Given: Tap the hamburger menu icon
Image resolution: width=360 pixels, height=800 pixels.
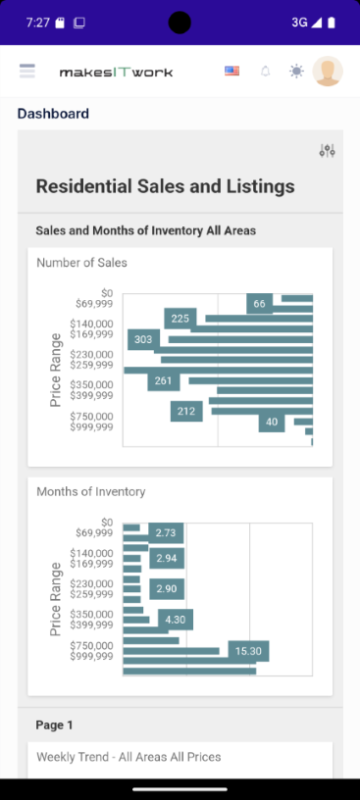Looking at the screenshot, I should pyautogui.click(x=27, y=71).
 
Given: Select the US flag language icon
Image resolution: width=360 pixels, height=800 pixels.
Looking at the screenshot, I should pyautogui.click(x=231, y=71).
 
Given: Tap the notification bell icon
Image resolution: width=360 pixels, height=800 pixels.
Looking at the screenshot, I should pyautogui.click(x=265, y=71).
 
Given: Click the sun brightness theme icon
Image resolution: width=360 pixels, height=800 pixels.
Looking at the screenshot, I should pyautogui.click(x=296, y=71).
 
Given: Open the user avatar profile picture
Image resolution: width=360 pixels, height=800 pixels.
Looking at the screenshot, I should pyautogui.click(x=328, y=71).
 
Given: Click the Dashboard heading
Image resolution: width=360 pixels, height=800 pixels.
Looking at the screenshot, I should pyautogui.click(x=53, y=114).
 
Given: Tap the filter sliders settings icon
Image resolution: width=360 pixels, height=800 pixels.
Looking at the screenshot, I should pyautogui.click(x=328, y=150).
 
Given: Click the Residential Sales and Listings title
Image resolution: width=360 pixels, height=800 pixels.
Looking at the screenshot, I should pyautogui.click(x=165, y=186).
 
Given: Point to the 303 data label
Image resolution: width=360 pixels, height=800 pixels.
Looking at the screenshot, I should pyautogui.click(x=143, y=339).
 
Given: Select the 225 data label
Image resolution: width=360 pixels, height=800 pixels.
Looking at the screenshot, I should pyautogui.click(x=180, y=319).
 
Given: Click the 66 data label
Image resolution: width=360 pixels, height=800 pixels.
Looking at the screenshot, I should pyautogui.click(x=259, y=304).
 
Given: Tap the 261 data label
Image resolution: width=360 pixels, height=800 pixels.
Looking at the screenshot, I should pyautogui.click(x=163, y=380).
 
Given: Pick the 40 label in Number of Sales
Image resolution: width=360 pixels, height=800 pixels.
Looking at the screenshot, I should pyautogui.click(x=272, y=423).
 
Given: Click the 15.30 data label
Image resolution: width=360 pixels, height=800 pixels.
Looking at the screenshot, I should pyautogui.click(x=248, y=651).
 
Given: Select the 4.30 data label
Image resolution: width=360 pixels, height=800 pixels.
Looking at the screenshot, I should pyautogui.click(x=176, y=620).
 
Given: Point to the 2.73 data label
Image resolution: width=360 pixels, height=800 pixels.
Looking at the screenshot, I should pyautogui.click(x=166, y=532).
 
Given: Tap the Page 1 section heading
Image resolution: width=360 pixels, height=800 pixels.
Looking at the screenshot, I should pyautogui.click(x=54, y=725).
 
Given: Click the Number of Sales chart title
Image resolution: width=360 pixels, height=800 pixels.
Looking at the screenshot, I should pyautogui.click(x=81, y=263).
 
